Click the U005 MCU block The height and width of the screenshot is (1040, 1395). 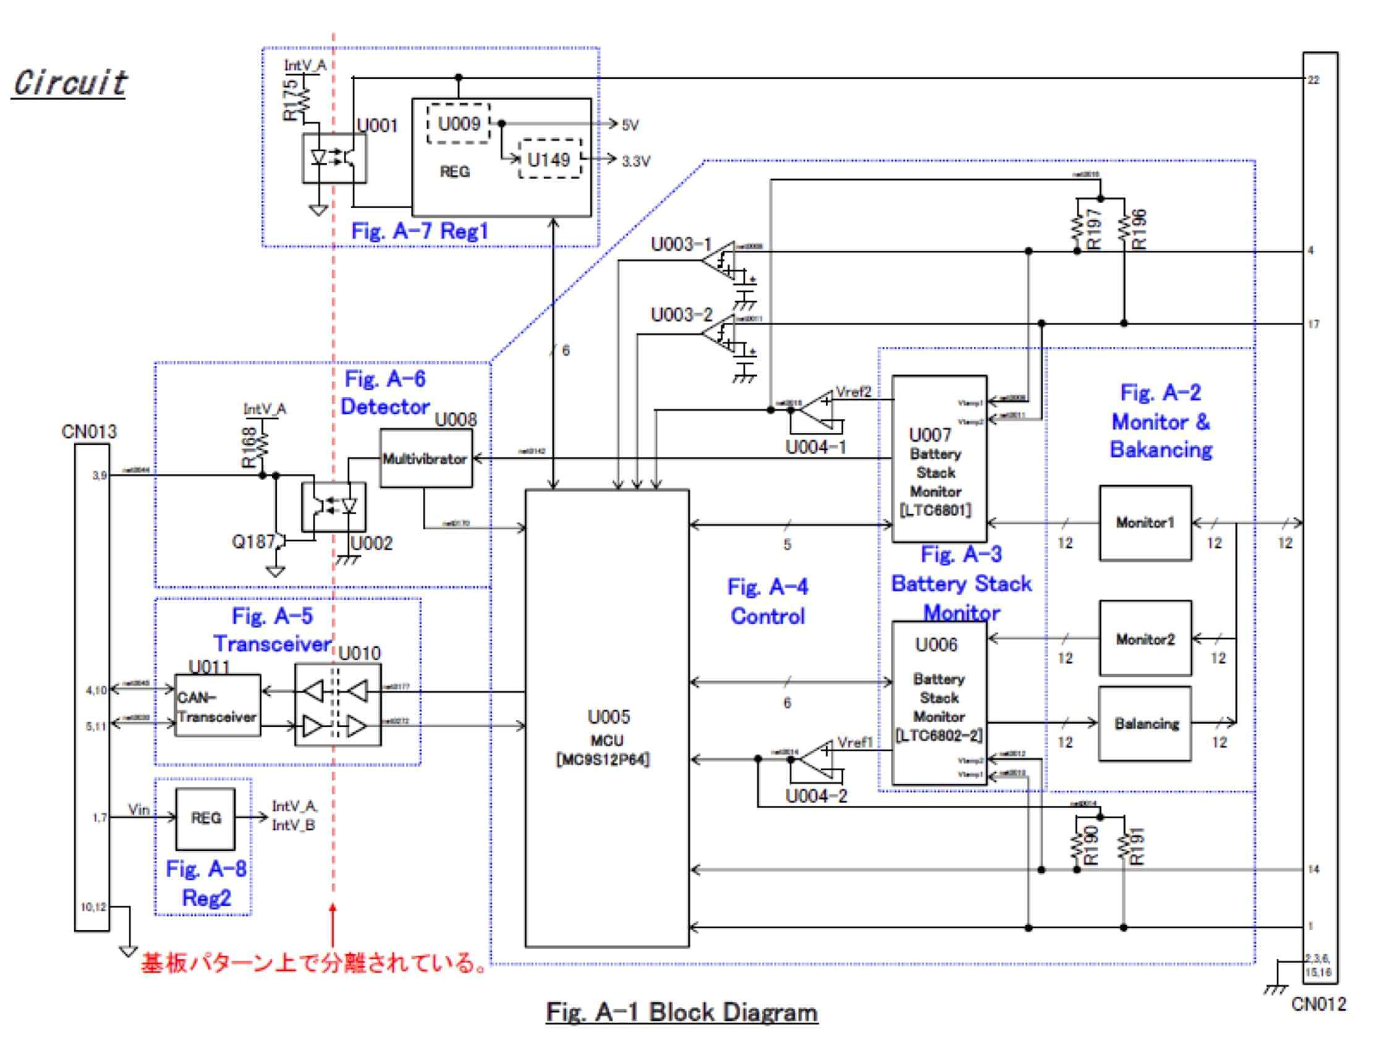606,718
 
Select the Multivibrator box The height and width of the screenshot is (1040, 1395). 425,458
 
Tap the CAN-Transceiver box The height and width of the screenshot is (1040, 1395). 217,705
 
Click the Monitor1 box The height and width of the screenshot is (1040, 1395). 1145,522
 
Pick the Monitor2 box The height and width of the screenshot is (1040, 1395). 1145,638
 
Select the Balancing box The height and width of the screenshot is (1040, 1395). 1145,723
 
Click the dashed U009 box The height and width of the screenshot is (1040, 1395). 459,124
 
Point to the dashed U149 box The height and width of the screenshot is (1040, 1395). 549,160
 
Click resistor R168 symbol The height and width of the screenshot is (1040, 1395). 263,446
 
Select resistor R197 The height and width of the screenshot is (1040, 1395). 1077,228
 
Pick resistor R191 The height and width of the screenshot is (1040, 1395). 1123,845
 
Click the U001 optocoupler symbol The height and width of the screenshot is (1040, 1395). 334,158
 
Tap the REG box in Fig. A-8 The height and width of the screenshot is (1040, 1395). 205,818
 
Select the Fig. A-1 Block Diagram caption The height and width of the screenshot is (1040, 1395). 682,1012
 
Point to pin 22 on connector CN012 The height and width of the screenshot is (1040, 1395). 1313,80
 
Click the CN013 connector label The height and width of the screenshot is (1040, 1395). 90,432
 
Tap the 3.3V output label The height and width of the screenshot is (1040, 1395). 635,161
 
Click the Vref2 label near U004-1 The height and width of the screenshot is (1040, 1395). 852,392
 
